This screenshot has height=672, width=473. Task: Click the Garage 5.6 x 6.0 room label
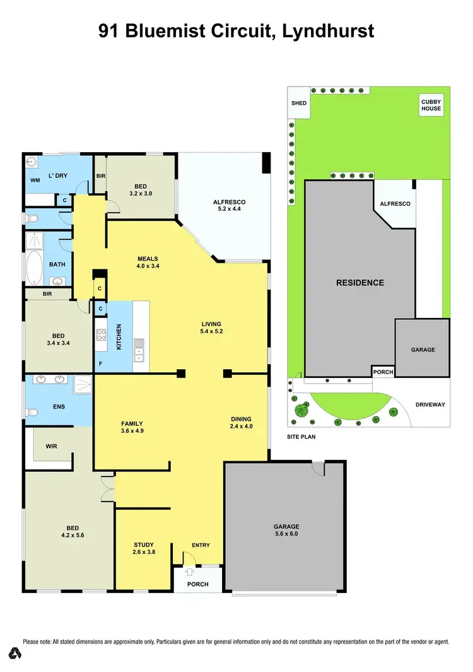point(286,530)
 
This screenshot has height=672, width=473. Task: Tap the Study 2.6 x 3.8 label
point(144,548)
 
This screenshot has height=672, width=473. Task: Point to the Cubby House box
point(432,105)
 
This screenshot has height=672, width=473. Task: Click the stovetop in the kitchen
point(101,336)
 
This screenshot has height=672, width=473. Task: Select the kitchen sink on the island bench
point(138,350)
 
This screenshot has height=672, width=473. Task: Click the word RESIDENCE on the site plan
point(359,283)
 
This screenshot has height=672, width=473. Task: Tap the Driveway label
point(431,404)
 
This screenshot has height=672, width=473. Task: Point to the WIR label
point(52,446)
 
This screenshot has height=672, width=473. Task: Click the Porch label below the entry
point(198,584)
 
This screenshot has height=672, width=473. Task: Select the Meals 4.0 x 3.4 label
point(148,262)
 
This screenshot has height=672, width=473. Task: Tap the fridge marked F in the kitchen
point(100,364)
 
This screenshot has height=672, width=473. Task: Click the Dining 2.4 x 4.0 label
point(241,423)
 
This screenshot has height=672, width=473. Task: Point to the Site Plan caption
point(301,436)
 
